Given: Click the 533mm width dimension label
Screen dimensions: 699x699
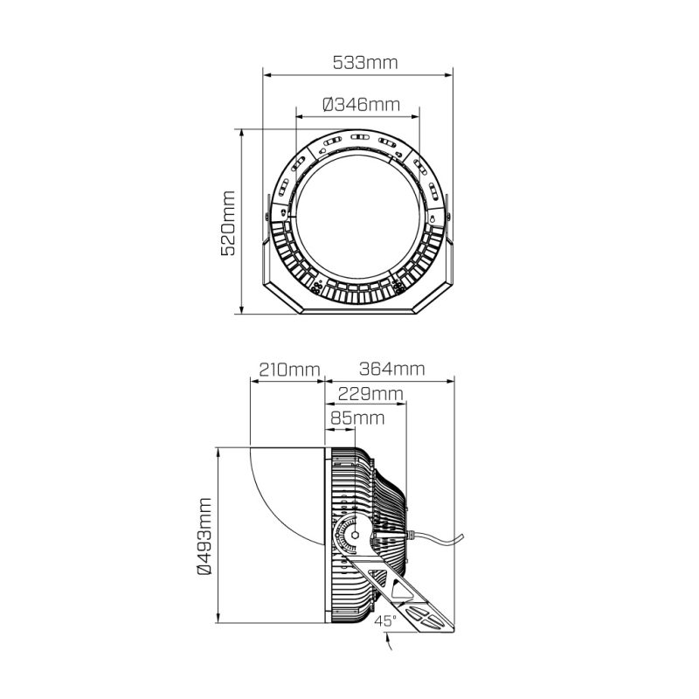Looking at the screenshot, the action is [x=365, y=63].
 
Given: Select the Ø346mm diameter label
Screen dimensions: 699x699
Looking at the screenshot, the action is [x=361, y=105].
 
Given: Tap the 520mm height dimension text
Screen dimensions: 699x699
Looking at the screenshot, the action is [x=228, y=223].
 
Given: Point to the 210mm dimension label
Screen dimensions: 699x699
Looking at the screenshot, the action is [x=290, y=370].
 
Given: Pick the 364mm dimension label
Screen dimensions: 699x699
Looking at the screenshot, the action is [x=391, y=369].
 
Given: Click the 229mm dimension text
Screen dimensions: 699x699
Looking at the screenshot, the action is [x=370, y=394].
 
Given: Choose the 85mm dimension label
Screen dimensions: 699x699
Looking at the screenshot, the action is [x=357, y=419].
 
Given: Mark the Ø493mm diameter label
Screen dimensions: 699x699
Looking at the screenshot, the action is [x=204, y=536].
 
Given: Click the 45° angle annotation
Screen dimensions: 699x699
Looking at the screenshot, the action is [x=385, y=620].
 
